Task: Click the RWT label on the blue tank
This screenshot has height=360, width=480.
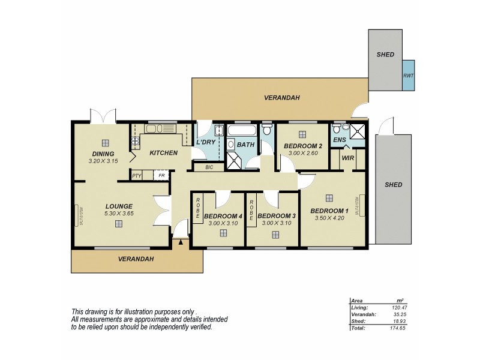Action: coord(408,76)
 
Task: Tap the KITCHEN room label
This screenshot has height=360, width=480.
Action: coord(163,153)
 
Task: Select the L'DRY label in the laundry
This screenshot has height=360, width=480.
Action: coord(206,142)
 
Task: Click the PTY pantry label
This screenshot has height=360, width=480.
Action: coord(137,175)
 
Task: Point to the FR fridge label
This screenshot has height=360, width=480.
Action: coord(161,175)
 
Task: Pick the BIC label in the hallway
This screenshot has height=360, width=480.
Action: coord(209,167)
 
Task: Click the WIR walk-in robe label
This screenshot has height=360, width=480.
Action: coord(346,159)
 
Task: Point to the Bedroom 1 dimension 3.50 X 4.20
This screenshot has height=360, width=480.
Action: coord(329,218)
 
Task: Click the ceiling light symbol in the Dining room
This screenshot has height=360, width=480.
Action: coord(105,143)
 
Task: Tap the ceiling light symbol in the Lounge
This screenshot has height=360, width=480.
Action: coord(119,224)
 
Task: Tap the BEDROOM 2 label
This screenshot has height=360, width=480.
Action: coord(303,146)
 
